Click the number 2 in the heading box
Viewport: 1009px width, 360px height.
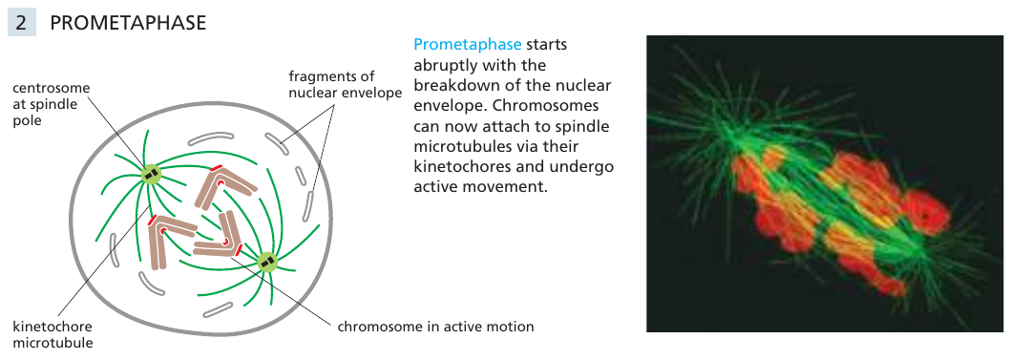click(21, 23)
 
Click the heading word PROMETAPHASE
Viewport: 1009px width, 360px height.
click(128, 23)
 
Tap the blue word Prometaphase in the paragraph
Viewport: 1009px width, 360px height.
click(467, 45)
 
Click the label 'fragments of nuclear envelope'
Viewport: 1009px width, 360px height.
click(346, 84)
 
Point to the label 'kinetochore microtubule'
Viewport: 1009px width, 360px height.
click(53, 334)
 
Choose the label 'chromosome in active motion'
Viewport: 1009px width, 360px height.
click(435, 327)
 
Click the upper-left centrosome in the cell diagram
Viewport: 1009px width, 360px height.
click(151, 174)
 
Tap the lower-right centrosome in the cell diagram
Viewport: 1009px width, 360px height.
click(266, 262)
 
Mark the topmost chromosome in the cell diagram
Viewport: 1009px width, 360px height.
click(224, 186)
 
